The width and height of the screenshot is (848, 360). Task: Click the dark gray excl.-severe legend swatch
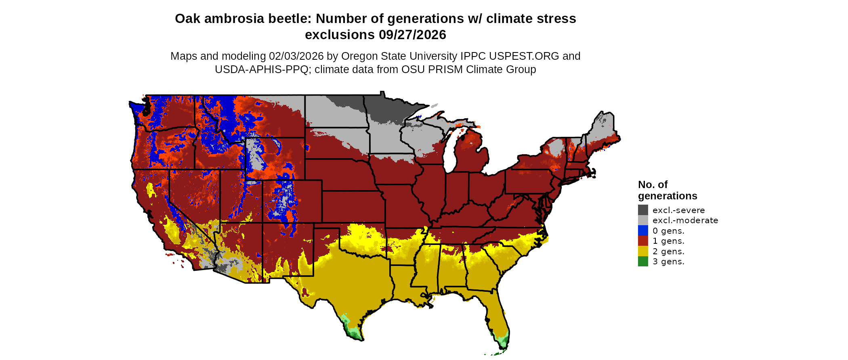643,210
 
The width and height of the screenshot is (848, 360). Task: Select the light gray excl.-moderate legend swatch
643,220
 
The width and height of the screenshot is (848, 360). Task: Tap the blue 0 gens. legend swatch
643,230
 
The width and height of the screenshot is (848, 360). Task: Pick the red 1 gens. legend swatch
643,241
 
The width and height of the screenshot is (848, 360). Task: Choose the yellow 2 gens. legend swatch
643,251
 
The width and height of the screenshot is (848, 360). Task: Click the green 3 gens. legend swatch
643,262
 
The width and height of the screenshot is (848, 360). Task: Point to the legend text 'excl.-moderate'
685,220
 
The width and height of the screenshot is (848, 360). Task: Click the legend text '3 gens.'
668,262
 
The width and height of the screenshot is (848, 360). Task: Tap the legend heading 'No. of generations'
667,190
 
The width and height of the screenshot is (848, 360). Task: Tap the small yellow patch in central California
150,190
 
